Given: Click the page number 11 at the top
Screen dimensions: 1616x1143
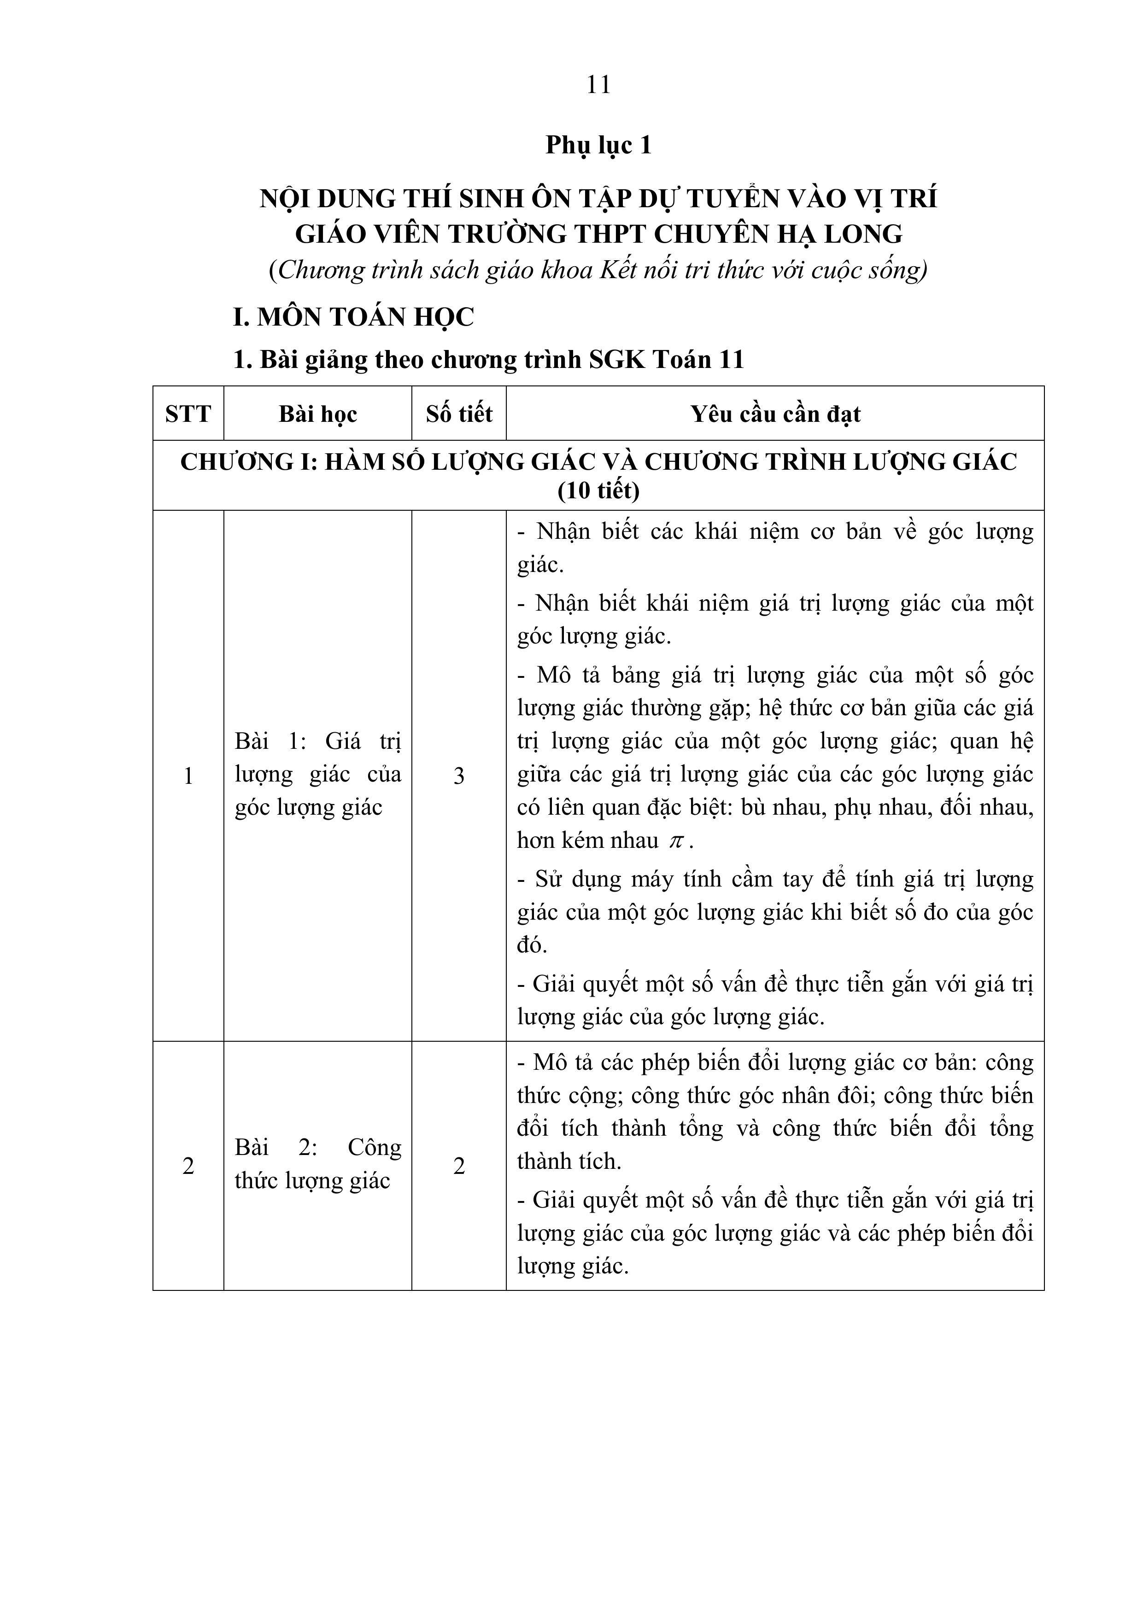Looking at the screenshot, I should click(x=598, y=85).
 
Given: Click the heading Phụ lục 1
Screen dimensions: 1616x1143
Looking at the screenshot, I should click(x=598, y=145).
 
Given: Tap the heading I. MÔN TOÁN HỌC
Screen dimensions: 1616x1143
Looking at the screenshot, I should click(x=353, y=317).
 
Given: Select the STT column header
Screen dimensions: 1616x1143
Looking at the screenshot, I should click(x=188, y=414).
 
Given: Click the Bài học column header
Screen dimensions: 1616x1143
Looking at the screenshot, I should click(x=317, y=414).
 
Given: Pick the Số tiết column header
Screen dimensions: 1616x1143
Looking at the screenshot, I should click(x=458, y=414).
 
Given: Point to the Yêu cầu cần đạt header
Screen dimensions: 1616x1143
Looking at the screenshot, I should click(x=775, y=414).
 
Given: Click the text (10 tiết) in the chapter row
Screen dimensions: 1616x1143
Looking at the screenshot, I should click(x=598, y=490).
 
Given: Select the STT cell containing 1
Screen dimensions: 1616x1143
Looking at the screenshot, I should click(x=188, y=776).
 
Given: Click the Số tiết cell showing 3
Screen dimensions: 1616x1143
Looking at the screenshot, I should click(x=458, y=776).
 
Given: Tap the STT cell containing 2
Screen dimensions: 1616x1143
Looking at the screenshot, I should click(x=188, y=1166).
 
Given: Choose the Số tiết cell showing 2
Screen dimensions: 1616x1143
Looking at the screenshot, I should click(x=458, y=1166).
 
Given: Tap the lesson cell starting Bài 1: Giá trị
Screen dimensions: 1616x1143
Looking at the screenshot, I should click(x=317, y=774).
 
